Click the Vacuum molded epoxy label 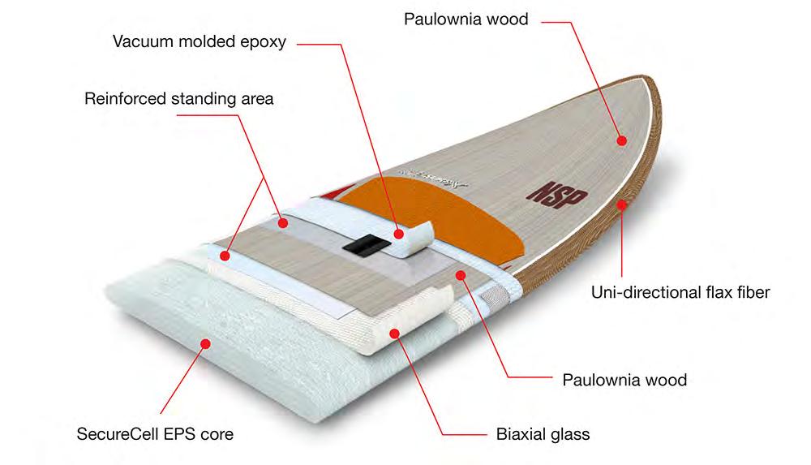tap(199, 42)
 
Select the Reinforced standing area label tap(179, 99)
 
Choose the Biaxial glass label tap(543, 434)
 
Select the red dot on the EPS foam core tap(204, 344)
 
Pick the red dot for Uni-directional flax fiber tap(621, 205)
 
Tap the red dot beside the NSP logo tap(621, 140)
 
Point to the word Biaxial tap(520, 434)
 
